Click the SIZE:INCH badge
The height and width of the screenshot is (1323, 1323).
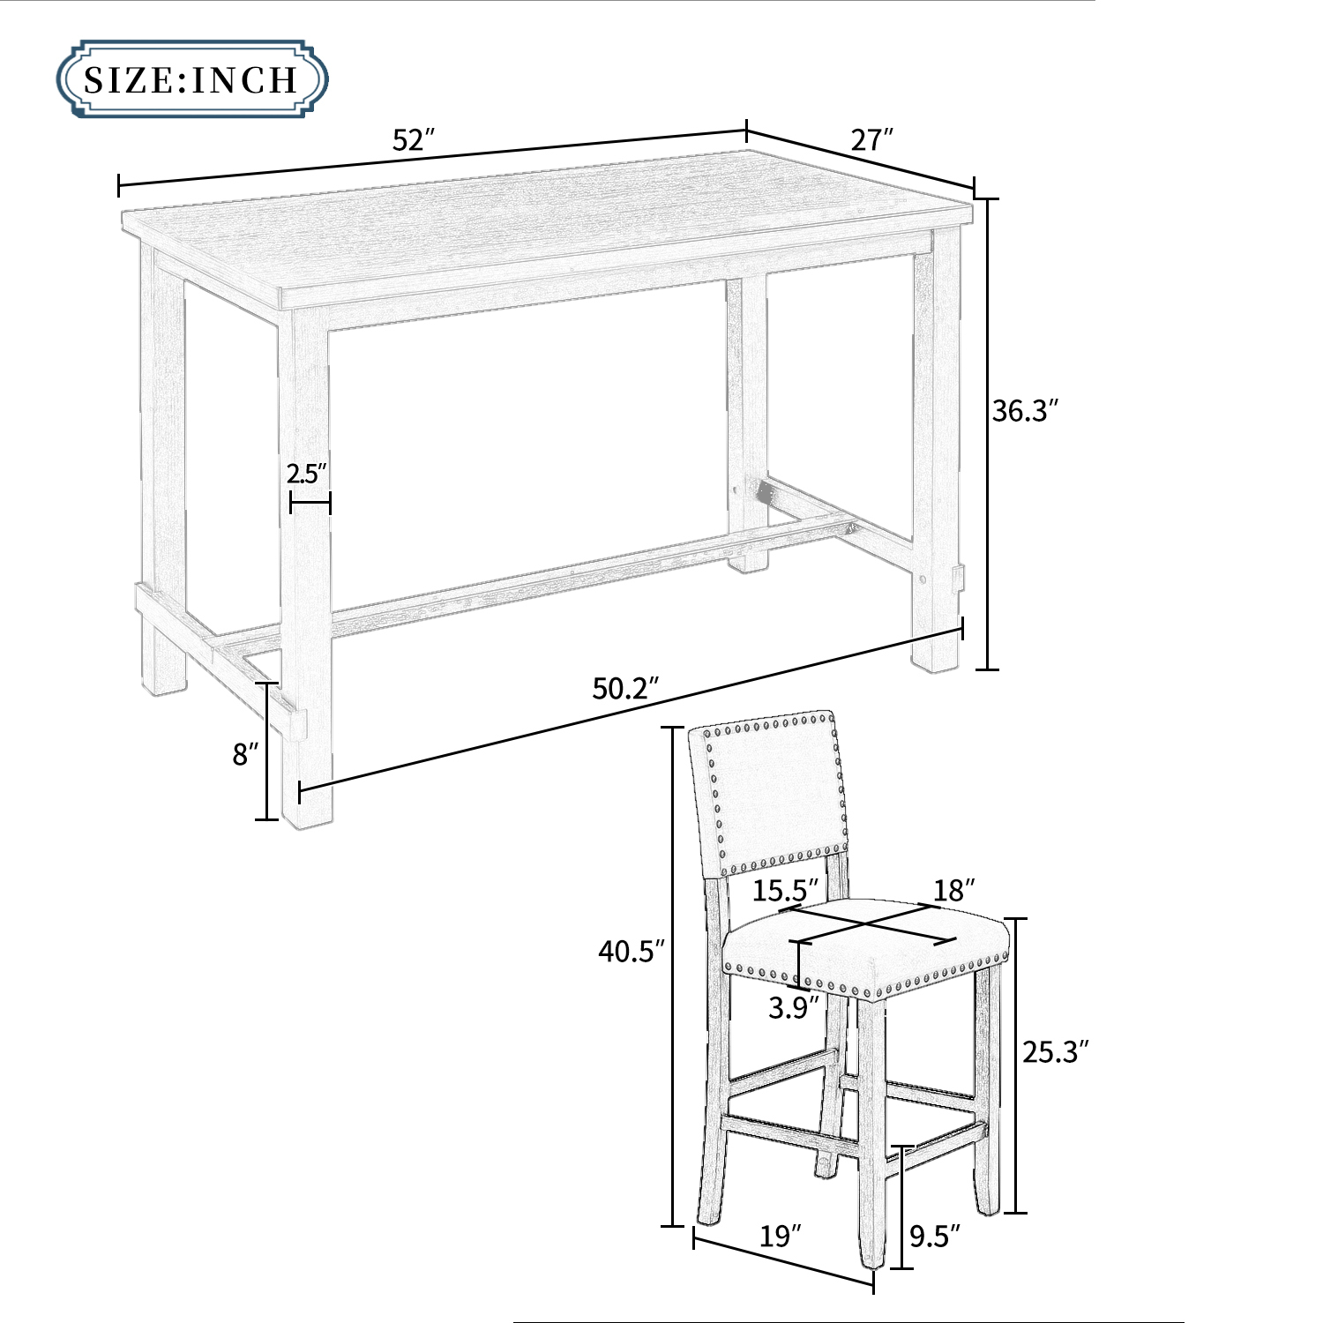click(x=192, y=78)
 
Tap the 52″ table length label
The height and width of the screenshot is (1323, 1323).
click(x=414, y=141)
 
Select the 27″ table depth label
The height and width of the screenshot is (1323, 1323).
click(x=871, y=139)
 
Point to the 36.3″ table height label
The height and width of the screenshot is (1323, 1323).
click(x=1024, y=411)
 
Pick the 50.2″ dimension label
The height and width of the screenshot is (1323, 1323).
click(x=625, y=688)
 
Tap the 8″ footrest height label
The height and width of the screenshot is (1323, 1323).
click(x=245, y=754)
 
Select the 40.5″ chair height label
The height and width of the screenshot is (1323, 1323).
click(x=631, y=951)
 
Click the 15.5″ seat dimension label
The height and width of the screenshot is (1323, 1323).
click(x=785, y=890)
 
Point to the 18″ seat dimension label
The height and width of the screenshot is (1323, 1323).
click(x=953, y=890)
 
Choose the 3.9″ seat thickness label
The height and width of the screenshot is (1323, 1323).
click(x=793, y=1007)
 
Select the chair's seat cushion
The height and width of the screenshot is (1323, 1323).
click(x=864, y=939)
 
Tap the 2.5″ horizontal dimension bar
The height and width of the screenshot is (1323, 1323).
click(x=310, y=505)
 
